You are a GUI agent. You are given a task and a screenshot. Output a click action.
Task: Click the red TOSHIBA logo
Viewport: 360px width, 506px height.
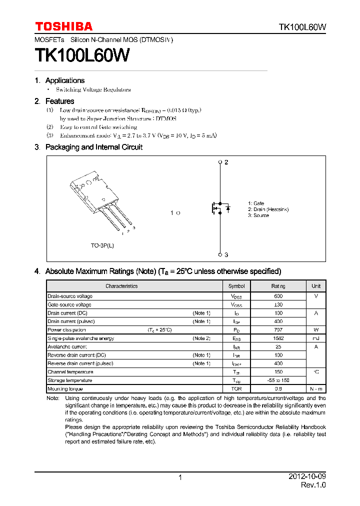[63, 26]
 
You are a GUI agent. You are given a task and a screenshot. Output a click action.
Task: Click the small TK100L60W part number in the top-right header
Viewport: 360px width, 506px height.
[302, 27]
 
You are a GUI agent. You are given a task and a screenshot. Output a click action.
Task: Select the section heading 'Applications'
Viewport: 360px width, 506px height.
[64, 80]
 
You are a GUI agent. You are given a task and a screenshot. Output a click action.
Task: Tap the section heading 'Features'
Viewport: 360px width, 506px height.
[59, 101]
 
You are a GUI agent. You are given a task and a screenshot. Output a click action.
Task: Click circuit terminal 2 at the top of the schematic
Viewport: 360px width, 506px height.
[220, 162]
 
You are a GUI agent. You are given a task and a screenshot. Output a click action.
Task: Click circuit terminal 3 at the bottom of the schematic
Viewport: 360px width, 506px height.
[220, 254]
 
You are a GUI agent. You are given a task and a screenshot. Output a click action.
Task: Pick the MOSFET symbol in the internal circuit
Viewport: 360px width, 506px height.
[220, 207]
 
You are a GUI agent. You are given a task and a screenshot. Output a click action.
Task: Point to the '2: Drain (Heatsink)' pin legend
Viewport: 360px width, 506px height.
[268, 209]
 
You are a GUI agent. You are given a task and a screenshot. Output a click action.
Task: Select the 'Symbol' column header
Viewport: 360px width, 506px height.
[236, 286]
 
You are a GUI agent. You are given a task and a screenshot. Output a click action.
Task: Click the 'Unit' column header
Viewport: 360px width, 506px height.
[316, 286]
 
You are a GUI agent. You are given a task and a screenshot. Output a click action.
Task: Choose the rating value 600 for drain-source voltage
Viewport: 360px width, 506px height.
[278, 296]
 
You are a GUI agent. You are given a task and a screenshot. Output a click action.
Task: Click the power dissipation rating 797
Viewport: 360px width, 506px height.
[278, 330]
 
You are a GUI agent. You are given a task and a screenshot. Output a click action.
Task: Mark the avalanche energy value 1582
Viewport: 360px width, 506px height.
[278, 338]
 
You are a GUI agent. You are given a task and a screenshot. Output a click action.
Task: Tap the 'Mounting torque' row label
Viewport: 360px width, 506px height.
[65, 389]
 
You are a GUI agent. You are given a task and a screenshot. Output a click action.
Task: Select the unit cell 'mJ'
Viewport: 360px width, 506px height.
[316, 338]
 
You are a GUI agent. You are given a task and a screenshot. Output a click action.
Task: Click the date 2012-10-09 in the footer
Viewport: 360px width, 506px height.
[307, 477]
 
